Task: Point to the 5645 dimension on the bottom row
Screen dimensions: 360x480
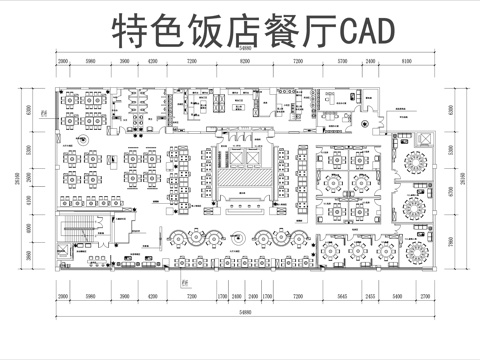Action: tap(341, 297)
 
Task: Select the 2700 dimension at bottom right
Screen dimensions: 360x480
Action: tap(426, 297)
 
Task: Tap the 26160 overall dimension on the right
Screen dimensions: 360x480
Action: tap(458, 180)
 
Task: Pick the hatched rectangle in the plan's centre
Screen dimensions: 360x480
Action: tap(240, 179)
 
